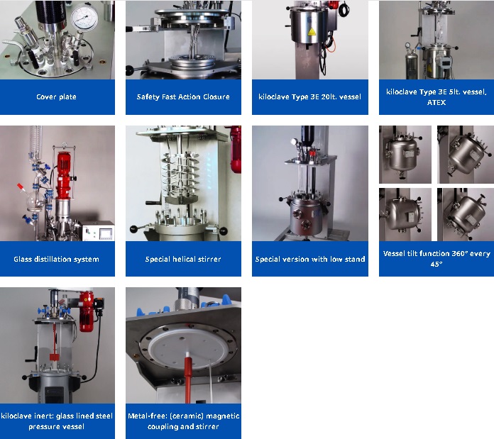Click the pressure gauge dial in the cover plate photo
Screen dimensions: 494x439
coord(84,18)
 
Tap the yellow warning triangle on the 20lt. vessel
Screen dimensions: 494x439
coord(312,32)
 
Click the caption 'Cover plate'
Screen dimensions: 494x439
coord(56,96)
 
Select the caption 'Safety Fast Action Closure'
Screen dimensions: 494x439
coord(183,96)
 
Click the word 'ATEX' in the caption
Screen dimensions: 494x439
coord(437,102)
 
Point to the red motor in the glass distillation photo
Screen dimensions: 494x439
coord(65,174)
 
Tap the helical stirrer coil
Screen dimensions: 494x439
coord(180,176)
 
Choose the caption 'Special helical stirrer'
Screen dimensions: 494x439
coord(183,259)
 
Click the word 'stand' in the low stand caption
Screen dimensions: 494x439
coord(356,259)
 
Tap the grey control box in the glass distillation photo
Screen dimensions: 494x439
coord(98,230)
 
